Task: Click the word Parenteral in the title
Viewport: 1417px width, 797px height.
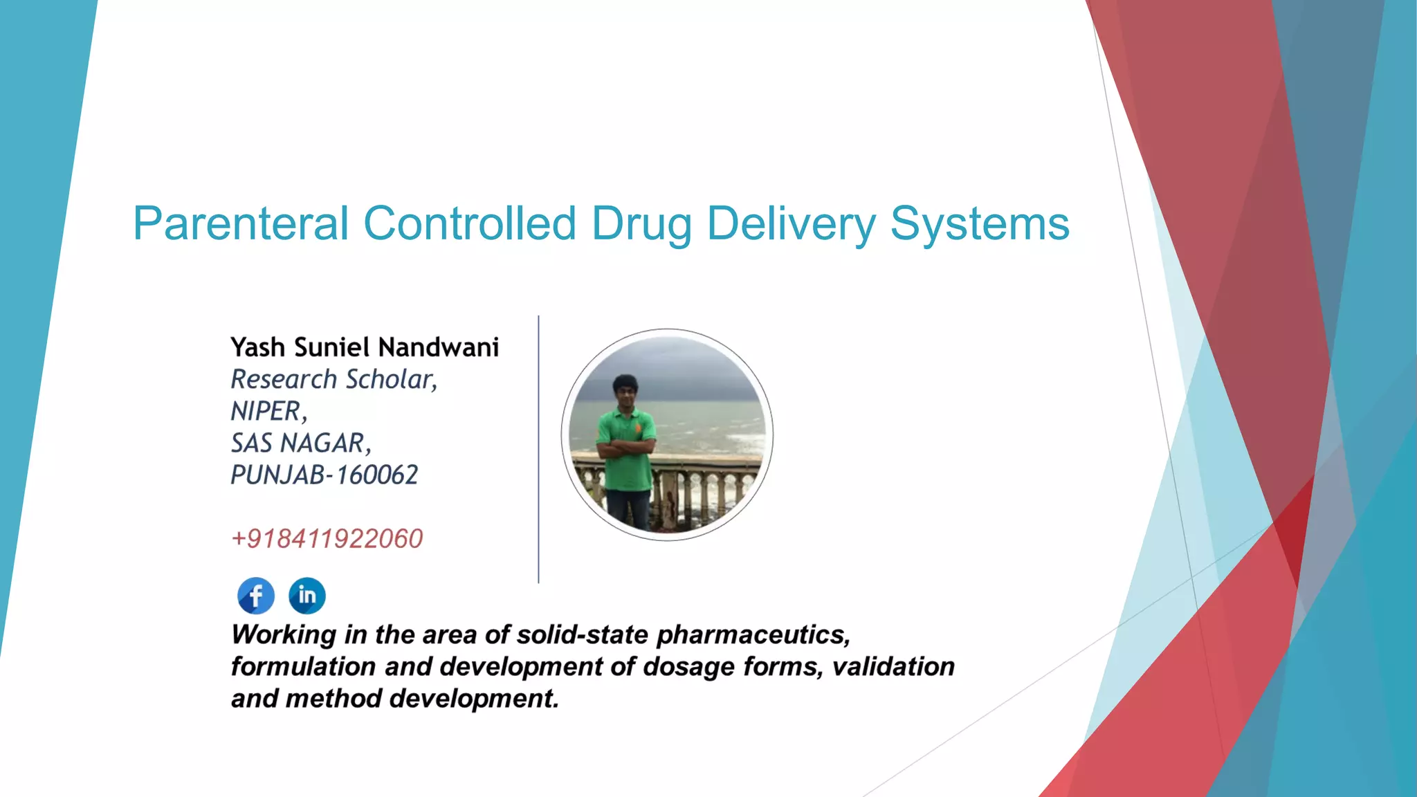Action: (x=240, y=224)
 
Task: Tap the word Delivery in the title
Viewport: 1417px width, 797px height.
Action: (x=790, y=224)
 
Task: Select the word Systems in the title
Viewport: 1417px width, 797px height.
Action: (x=980, y=224)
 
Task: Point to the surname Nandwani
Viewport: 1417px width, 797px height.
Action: (x=439, y=347)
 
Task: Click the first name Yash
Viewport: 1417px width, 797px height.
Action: (x=257, y=347)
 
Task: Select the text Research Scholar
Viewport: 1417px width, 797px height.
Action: (x=333, y=379)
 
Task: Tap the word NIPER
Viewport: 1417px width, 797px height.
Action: (x=266, y=411)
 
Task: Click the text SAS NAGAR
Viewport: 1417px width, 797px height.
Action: (x=299, y=443)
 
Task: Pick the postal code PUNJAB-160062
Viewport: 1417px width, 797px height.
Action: (x=324, y=475)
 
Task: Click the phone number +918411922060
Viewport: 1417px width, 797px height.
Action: (x=327, y=539)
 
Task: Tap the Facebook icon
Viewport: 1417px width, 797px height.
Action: (x=256, y=596)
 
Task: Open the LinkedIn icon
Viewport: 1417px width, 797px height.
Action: (x=307, y=596)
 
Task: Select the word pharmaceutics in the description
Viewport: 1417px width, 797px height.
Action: (x=753, y=634)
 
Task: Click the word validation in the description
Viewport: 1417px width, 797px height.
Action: (x=893, y=666)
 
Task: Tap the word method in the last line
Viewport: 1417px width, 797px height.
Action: (x=333, y=698)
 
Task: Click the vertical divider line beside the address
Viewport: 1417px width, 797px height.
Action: (x=538, y=450)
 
